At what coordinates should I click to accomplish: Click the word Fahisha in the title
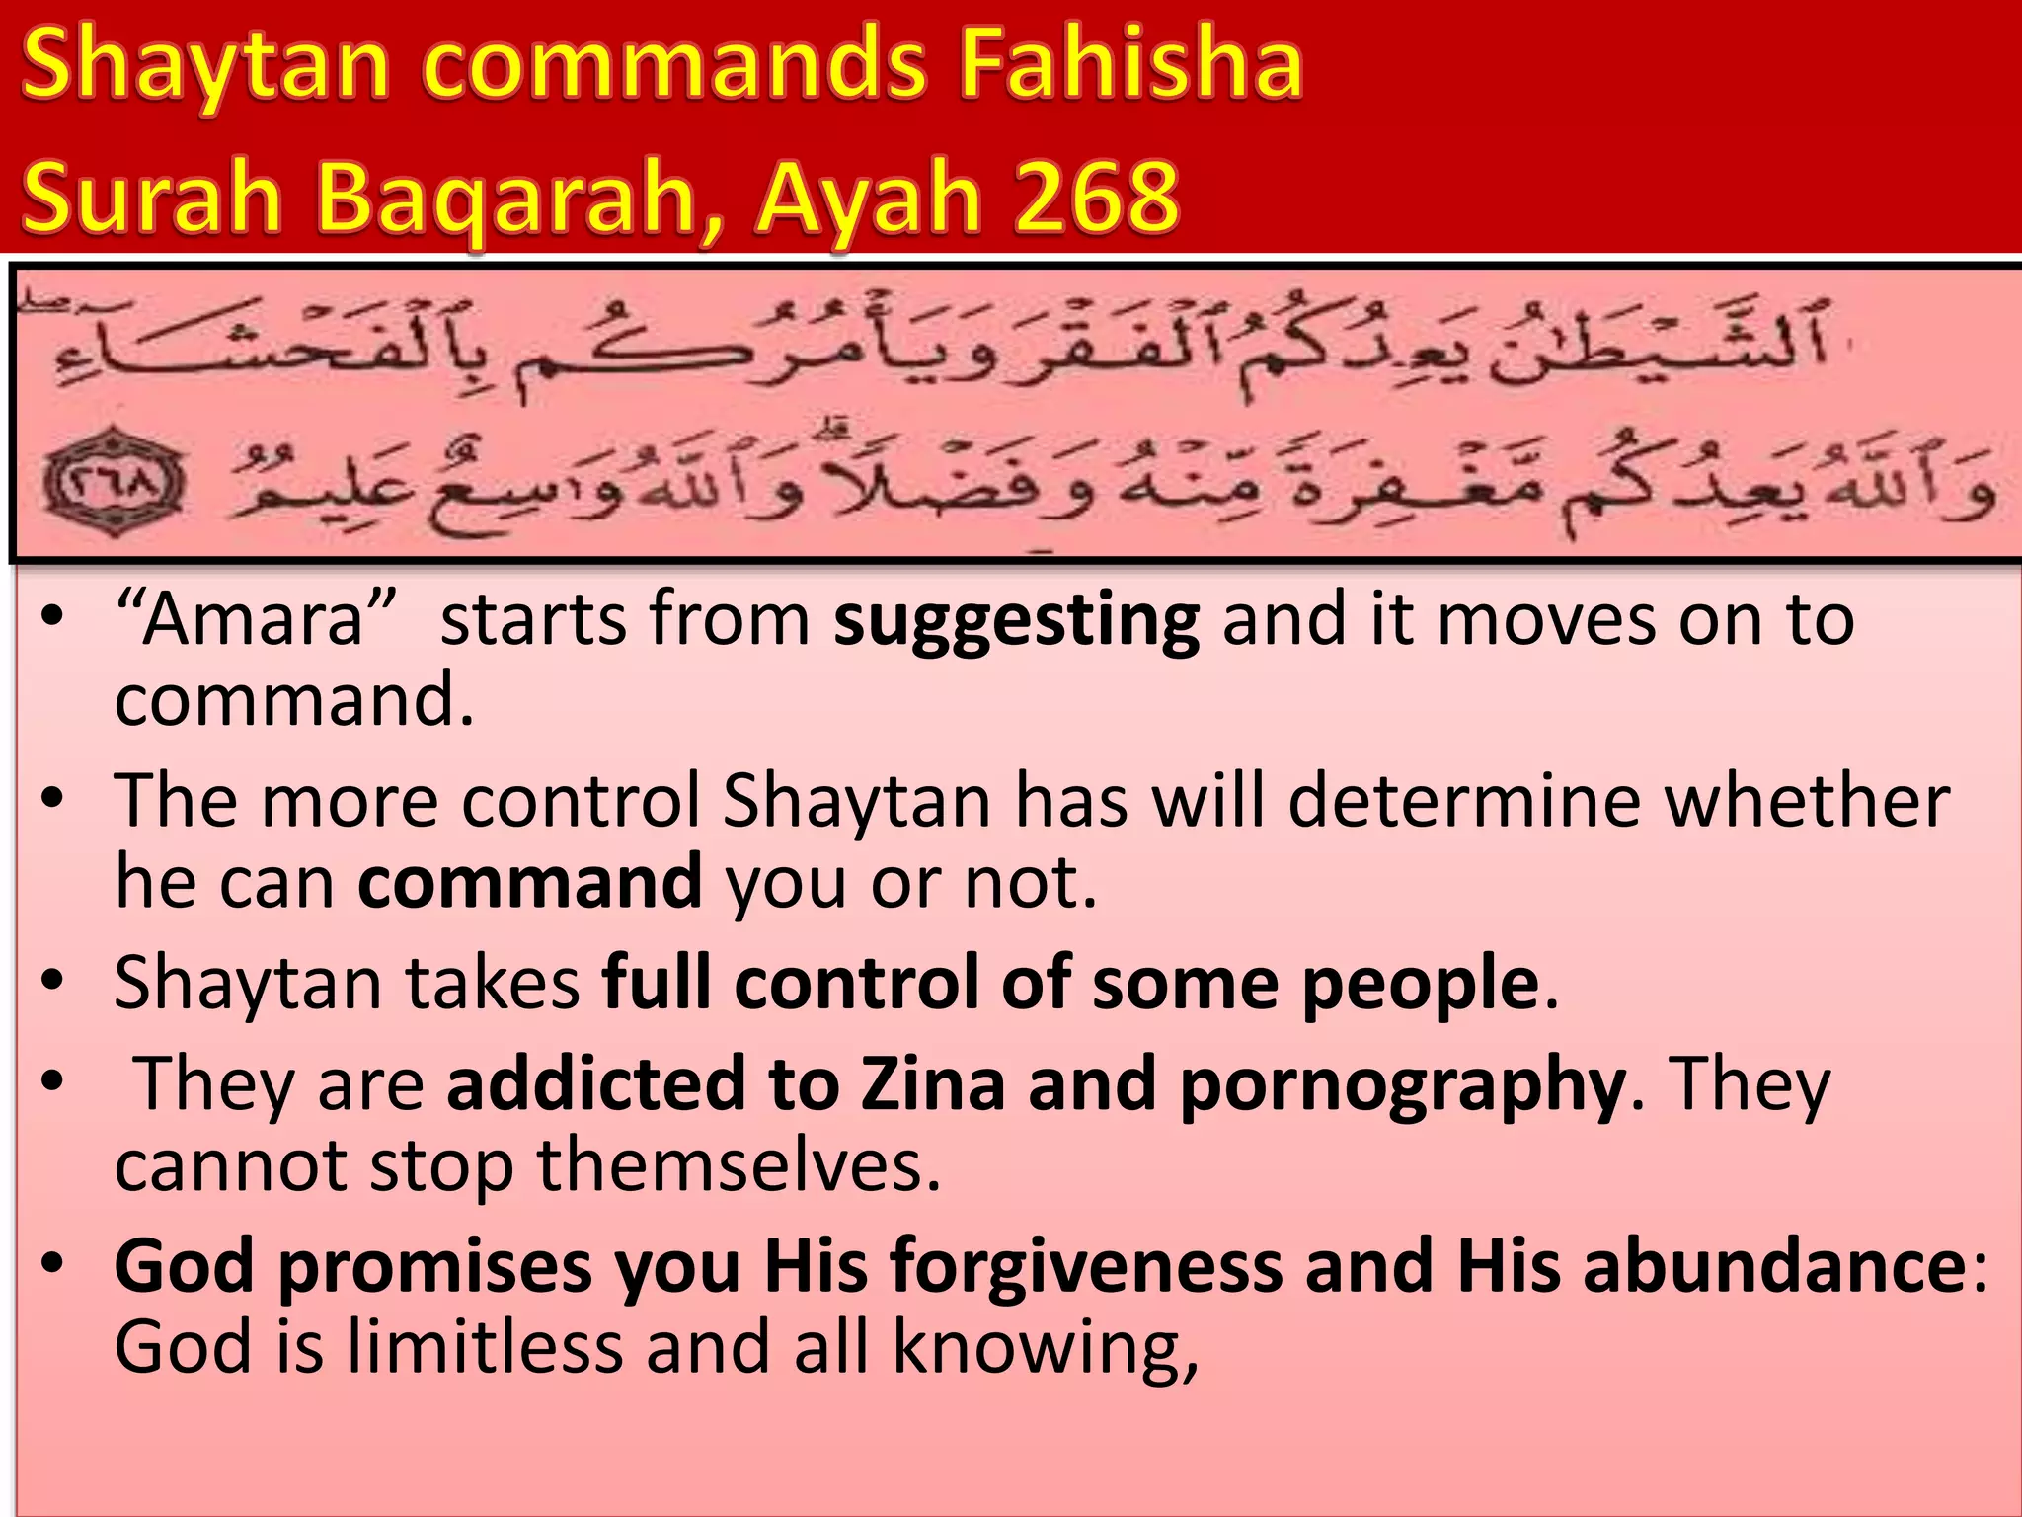coord(1131,65)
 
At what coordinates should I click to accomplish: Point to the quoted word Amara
coord(255,620)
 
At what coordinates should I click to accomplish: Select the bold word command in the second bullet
coord(529,881)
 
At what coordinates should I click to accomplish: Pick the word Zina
coord(932,1083)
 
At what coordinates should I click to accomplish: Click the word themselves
coord(739,1165)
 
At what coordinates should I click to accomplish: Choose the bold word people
coord(1420,986)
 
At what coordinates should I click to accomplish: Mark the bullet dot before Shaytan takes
coord(53,982)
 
